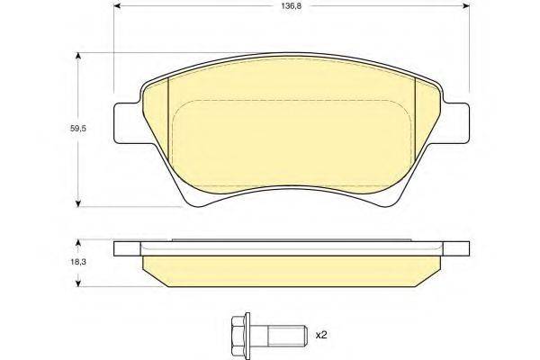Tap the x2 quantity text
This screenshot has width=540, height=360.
[x=321, y=335]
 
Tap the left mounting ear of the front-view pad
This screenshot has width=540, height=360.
[x=125, y=124]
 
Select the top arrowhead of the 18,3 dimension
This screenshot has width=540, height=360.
[x=81, y=242]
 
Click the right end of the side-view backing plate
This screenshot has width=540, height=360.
[x=463, y=247]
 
